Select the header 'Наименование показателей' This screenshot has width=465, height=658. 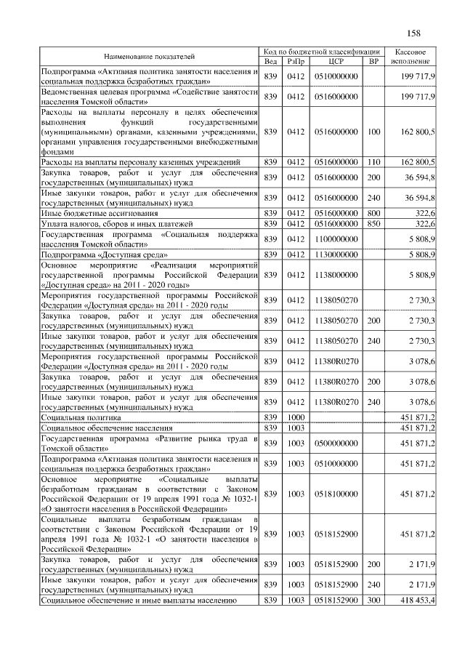(x=149, y=56)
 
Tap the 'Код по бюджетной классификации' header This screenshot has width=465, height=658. (x=322, y=52)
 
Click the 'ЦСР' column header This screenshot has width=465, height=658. (x=336, y=61)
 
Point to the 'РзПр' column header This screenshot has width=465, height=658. (x=296, y=61)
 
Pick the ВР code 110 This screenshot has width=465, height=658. (x=374, y=161)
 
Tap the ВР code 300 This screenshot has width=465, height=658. (x=374, y=601)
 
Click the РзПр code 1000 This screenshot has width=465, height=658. (x=296, y=418)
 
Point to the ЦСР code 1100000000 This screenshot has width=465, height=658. (x=336, y=238)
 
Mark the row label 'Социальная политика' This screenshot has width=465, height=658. (x=81, y=418)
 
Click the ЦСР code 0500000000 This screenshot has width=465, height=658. (x=336, y=443)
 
